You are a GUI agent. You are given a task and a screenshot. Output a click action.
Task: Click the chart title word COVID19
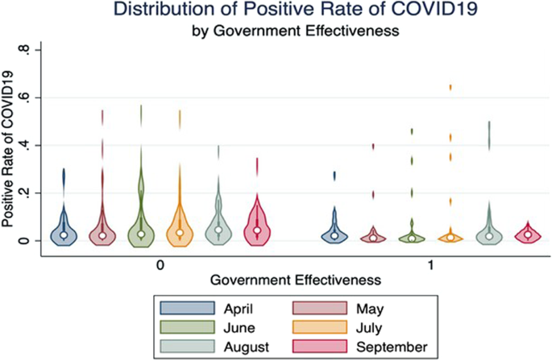pos(434,10)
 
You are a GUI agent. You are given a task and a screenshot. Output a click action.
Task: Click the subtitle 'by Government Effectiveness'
pos(296,31)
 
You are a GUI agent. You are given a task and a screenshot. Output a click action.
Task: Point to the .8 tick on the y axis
pos(24,50)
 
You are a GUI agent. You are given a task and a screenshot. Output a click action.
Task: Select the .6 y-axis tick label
pos(24,97)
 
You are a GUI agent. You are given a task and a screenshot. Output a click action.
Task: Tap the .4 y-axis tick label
pos(24,145)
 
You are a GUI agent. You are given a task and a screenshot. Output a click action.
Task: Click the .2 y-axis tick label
pos(24,193)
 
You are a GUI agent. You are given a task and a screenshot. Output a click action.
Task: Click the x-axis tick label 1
pos(431,265)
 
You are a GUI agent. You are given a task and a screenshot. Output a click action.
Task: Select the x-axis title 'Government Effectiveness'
pos(296,280)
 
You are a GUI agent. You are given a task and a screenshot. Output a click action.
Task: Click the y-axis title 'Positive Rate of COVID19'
pos(8,149)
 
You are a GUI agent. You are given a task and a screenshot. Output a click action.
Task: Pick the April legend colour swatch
pos(187,308)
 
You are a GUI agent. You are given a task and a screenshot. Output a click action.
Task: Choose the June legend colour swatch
pos(187,327)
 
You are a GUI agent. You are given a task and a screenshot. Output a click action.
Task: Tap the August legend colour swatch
pos(187,346)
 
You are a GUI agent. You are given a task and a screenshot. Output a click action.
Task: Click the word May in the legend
pos(370,309)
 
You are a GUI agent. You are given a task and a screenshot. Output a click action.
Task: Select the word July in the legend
pos(369,329)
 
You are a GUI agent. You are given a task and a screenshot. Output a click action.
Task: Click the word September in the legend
pos(392,347)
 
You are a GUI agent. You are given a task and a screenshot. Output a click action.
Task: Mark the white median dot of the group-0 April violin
pos(64,234)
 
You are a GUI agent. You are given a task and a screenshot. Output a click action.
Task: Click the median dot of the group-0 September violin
pos(257,230)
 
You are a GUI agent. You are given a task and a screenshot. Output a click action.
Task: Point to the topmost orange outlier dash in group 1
pos(450,88)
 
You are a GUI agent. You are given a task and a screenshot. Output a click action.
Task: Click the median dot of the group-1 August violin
pos(489,236)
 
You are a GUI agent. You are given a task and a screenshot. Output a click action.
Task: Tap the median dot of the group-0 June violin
pos(141,234)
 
